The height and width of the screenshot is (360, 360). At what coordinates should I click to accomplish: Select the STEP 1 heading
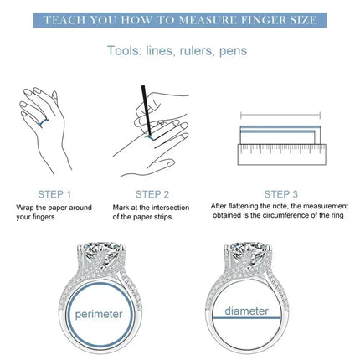[x=54, y=194]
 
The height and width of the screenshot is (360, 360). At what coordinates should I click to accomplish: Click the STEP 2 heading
[x=152, y=194]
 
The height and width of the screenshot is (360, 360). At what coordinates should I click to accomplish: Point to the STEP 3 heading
[x=281, y=194]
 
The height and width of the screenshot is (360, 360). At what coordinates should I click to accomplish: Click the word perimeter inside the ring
[x=99, y=315]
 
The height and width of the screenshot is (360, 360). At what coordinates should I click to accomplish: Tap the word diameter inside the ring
[x=247, y=311]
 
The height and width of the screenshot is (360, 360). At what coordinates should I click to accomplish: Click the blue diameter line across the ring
[x=247, y=317]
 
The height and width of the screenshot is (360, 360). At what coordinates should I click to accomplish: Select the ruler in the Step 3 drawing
[x=282, y=154]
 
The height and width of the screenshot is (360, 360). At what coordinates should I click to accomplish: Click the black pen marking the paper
[x=147, y=111]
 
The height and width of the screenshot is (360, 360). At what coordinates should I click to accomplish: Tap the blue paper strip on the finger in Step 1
[x=43, y=122]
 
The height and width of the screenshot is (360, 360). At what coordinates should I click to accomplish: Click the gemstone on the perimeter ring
[x=101, y=252]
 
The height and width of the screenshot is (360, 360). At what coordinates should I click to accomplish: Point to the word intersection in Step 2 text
[x=170, y=208]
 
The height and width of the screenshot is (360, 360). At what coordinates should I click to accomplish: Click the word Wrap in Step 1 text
[x=24, y=208]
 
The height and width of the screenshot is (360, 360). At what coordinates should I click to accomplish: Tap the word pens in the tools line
[x=233, y=52]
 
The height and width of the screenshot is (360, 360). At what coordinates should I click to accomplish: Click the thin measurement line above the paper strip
[x=280, y=115]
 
